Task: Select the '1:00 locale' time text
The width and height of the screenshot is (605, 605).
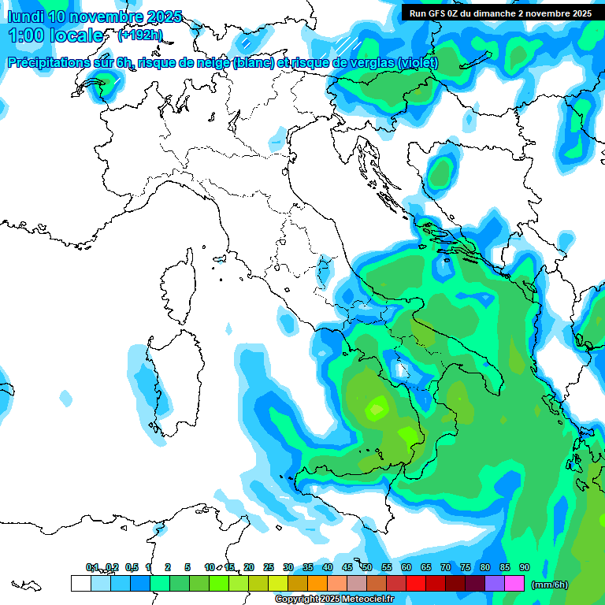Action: (x=56, y=35)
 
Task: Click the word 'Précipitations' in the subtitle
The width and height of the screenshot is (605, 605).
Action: (x=48, y=63)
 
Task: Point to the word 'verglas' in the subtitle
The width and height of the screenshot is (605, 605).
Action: (x=373, y=63)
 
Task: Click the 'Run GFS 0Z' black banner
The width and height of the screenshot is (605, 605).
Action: (x=500, y=13)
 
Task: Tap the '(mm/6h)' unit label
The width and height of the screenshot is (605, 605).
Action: (x=550, y=585)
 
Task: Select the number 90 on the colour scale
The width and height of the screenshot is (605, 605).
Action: (x=525, y=567)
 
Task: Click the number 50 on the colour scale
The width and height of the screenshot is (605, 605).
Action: (x=367, y=567)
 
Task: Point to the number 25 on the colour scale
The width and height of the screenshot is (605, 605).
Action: (x=269, y=567)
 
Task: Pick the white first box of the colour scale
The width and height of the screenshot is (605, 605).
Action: (x=80, y=583)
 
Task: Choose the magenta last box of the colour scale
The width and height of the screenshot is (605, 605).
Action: (x=514, y=583)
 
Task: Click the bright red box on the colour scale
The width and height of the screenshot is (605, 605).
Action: (x=415, y=583)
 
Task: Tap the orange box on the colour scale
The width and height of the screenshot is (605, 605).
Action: (x=317, y=583)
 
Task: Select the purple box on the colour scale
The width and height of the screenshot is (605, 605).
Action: (x=495, y=583)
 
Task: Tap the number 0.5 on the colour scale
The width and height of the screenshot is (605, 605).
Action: (x=132, y=567)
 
